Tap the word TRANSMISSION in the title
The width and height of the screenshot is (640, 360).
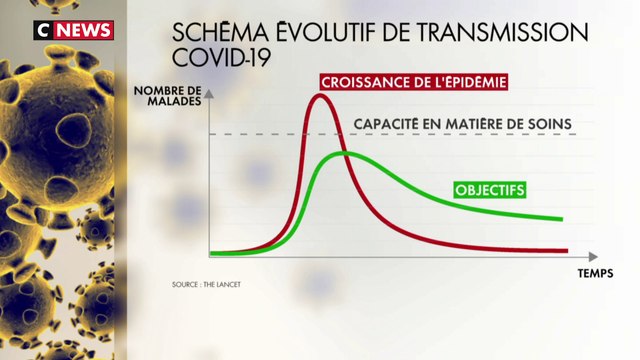(507, 32)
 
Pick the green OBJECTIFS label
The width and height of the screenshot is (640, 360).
(490, 188)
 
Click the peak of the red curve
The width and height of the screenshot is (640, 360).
(320, 96)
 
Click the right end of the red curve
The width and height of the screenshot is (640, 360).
(567, 250)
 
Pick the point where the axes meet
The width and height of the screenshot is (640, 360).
(209, 255)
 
